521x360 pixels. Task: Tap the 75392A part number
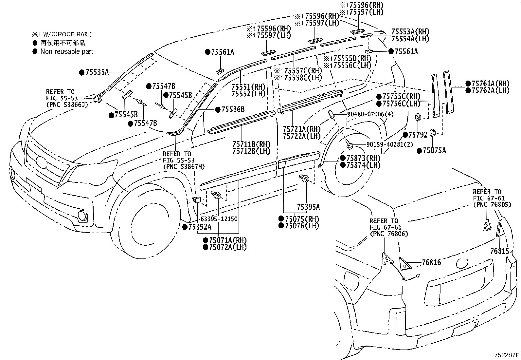point(200,227)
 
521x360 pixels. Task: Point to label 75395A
point(308,207)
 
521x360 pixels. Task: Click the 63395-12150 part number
point(219,219)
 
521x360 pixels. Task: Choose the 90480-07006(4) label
point(365,114)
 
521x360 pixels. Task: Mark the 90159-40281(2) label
point(385,144)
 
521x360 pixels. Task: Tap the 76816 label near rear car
point(431,262)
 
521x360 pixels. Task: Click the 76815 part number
point(499,251)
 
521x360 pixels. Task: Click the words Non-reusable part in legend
point(67,51)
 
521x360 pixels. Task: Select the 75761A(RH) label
point(490,84)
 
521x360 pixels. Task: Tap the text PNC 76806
point(388,234)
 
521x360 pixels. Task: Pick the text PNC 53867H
point(184,167)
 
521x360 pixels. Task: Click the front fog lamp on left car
point(83,216)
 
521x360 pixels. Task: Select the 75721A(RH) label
point(301,129)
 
